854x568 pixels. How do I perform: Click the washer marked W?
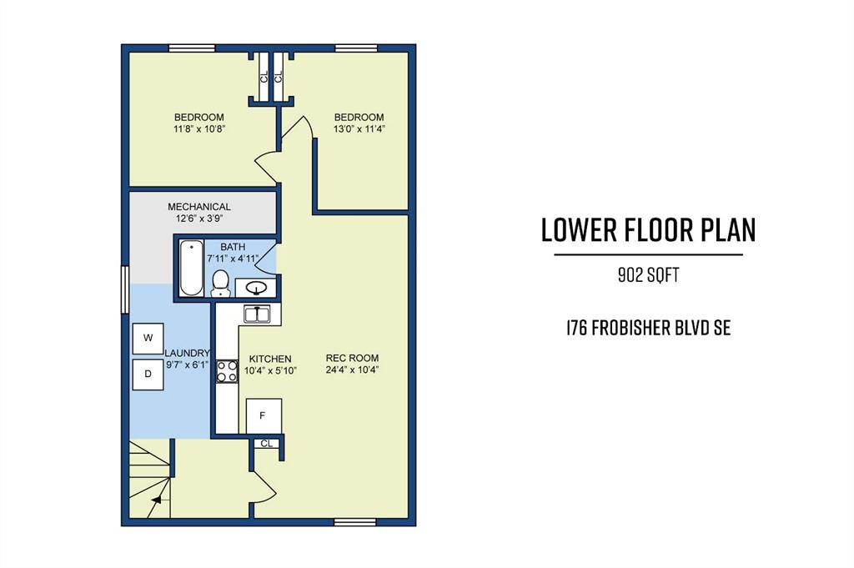(x=148, y=338)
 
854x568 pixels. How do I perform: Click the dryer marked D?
(x=148, y=374)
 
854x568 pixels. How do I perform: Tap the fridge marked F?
(x=264, y=416)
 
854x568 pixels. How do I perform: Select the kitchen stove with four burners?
(x=227, y=371)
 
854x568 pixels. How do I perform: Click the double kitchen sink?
(x=257, y=314)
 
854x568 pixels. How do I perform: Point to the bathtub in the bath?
(x=191, y=268)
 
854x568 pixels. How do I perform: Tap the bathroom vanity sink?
(x=255, y=288)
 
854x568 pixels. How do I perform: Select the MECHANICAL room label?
(x=198, y=207)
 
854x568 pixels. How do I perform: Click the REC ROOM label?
(x=352, y=358)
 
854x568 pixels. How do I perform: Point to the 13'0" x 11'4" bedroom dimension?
(x=359, y=129)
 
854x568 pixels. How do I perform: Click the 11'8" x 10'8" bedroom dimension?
(x=198, y=129)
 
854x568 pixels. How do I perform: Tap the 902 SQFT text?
(x=648, y=275)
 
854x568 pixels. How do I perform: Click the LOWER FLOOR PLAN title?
(x=648, y=230)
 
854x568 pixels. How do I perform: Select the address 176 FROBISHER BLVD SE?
(x=648, y=328)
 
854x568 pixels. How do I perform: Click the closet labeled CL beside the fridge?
(x=266, y=443)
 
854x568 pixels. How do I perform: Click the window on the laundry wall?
(x=125, y=289)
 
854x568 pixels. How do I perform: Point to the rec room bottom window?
(x=355, y=522)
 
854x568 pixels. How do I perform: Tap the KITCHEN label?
(x=270, y=359)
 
